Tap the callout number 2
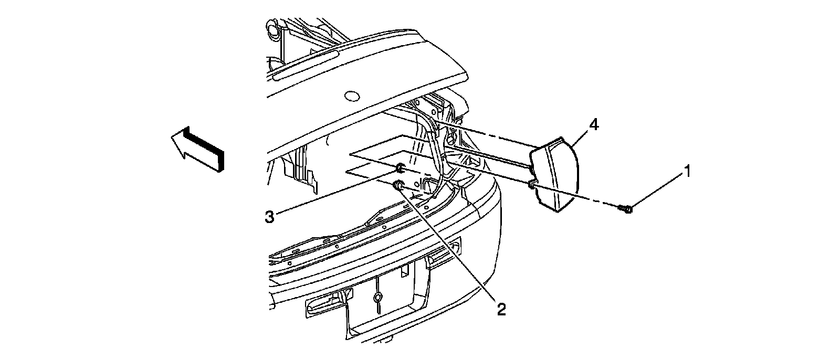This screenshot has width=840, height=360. point(501,309)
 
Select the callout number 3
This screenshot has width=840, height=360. point(269,217)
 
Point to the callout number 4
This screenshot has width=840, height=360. point(593,125)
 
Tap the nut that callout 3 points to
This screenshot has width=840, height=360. point(400,168)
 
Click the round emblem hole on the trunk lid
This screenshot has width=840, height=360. point(350,96)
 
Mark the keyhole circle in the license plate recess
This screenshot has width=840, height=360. point(377,298)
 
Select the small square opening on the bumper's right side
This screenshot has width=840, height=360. point(457,243)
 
